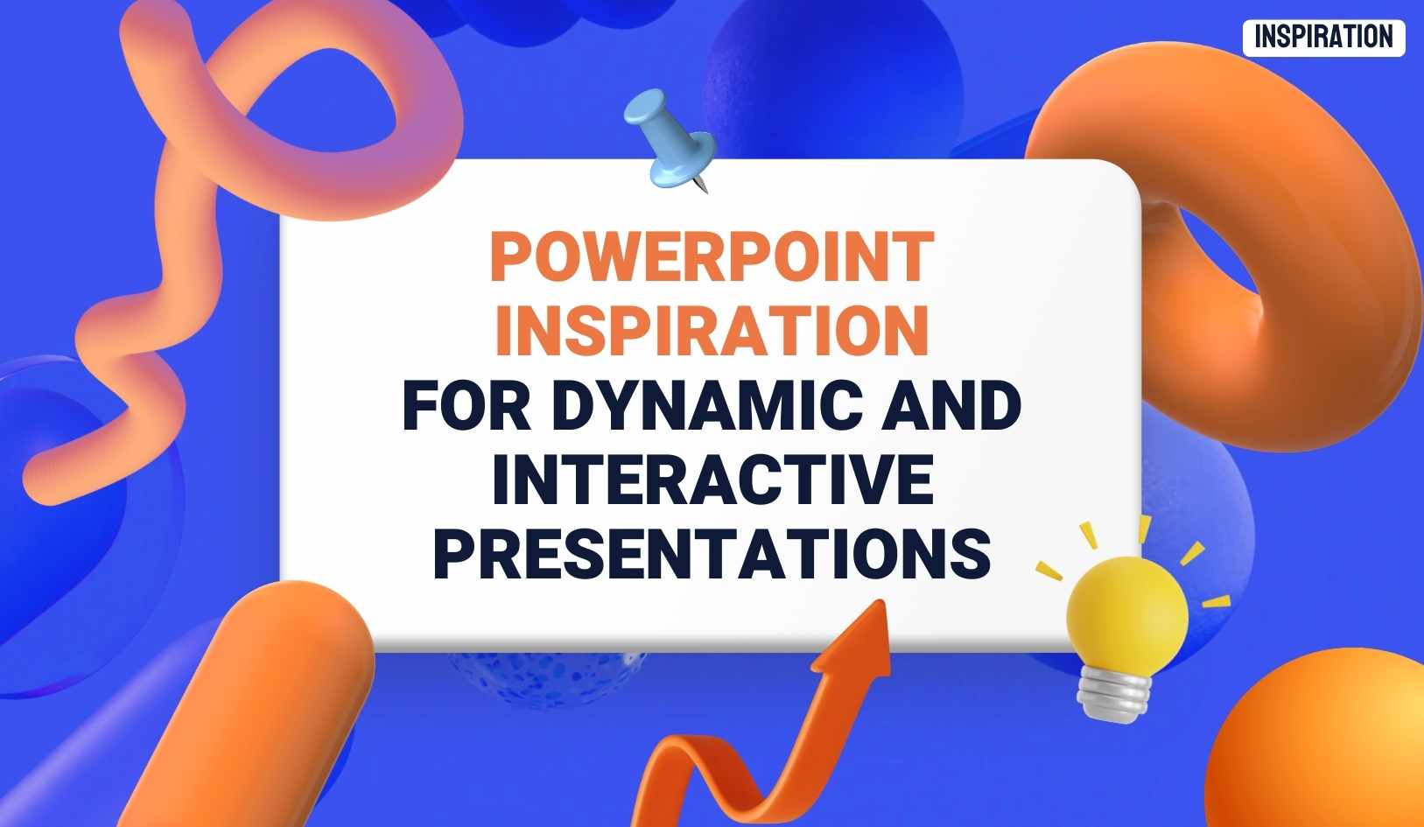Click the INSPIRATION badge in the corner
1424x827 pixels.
1322,38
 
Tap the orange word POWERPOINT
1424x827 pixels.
712,256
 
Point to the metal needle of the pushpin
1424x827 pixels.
701,185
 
